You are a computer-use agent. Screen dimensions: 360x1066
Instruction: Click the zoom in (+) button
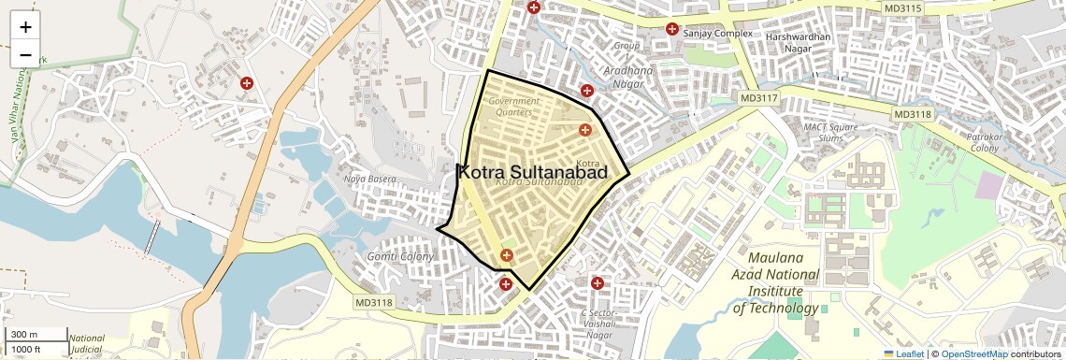25,27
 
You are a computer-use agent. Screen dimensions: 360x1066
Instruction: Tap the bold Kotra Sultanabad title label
532,173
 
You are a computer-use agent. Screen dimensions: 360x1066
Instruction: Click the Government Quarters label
513,107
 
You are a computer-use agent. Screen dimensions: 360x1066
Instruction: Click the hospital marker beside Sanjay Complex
671,29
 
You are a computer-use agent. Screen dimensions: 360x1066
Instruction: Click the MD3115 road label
902,8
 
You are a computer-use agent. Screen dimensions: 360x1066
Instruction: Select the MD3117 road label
757,98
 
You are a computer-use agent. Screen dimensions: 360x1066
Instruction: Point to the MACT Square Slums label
830,132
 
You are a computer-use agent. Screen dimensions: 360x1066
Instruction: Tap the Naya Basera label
370,179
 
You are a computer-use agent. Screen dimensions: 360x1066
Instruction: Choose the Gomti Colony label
400,256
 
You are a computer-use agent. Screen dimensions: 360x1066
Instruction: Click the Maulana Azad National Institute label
776,282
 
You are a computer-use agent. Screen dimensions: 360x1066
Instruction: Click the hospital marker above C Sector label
597,282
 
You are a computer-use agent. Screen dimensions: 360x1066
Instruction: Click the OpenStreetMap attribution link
973,354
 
